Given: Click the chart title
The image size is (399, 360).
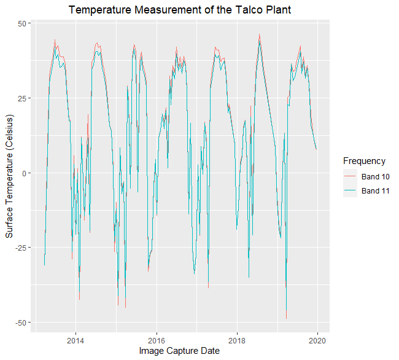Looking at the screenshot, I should [x=179, y=10].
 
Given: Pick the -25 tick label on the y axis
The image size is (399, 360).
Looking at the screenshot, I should [x=20, y=248].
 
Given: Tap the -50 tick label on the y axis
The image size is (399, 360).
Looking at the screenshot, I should [x=20, y=323].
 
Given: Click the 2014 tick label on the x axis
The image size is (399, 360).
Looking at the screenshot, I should [x=76, y=340].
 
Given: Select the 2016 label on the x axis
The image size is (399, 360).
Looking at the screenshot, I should [x=157, y=340].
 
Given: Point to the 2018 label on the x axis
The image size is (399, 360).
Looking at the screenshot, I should [x=237, y=340].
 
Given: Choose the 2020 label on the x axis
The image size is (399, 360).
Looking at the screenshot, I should [x=318, y=340].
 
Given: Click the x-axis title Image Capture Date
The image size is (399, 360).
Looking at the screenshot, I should [x=179, y=351].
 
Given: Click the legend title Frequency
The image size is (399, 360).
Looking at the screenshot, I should [x=364, y=161].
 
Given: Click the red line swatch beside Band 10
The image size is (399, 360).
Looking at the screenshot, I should [x=350, y=177].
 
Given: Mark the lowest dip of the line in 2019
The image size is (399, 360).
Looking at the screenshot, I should [x=286, y=318].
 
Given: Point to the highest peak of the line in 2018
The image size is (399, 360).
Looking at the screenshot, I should [x=260, y=34].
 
